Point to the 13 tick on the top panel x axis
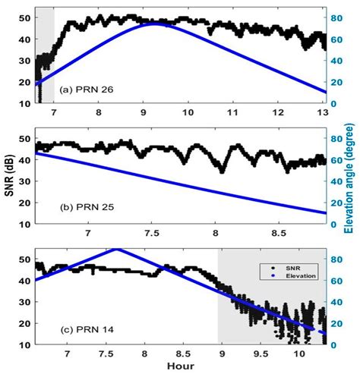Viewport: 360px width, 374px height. coord(321,113)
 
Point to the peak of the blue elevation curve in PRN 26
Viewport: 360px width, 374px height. coord(156,24)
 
